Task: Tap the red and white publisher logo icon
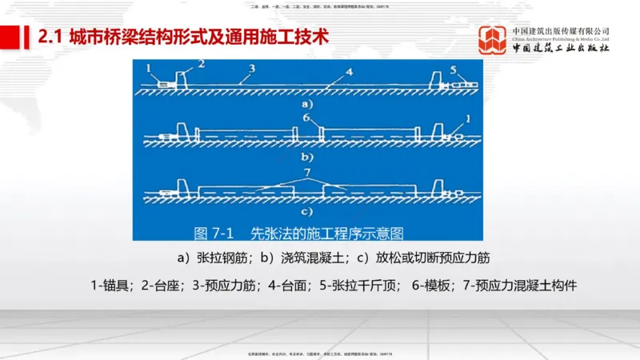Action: pyautogui.click(x=493, y=41)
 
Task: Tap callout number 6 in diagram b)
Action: pyautogui.click(x=306, y=117)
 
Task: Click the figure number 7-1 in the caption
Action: pyautogui.click(x=222, y=233)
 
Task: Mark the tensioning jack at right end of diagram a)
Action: pyautogui.click(x=464, y=82)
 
